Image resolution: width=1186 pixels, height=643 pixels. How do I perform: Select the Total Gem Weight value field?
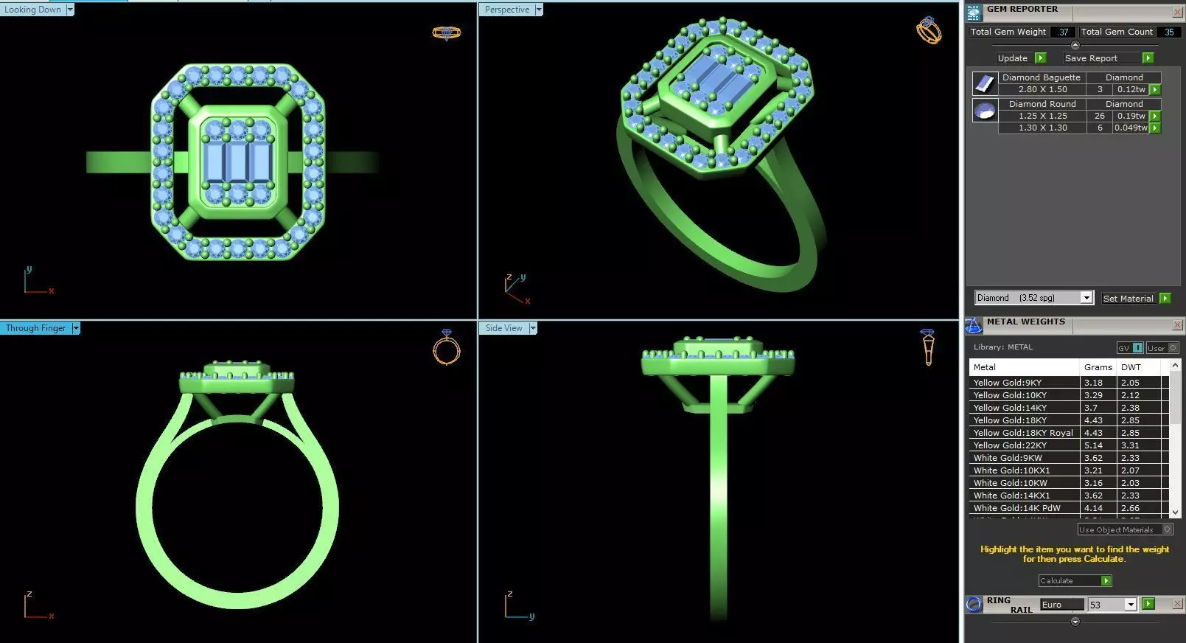click(x=1062, y=32)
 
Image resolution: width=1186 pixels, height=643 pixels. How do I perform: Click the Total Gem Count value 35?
click(x=1168, y=32)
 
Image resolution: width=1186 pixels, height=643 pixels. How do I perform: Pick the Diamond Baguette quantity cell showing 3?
click(x=1100, y=89)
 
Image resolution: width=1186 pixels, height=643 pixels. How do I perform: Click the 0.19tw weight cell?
click(x=1131, y=116)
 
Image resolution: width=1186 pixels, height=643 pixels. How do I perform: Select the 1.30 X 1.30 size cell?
click(x=1042, y=128)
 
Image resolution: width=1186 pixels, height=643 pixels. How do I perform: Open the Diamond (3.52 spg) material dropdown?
click(x=1086, y=298)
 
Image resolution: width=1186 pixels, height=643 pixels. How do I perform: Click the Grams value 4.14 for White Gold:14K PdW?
click(x=1093, y=508)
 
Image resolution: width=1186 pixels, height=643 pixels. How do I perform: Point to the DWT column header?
click(x=1131, y=367)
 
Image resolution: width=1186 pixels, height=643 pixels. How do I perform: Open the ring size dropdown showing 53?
click(x=1130, y=605)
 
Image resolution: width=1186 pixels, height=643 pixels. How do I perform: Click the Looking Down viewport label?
click(x=33, y=10)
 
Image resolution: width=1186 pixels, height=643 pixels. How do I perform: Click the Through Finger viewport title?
click(x=35, y=328)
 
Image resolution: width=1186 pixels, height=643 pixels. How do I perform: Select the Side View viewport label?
click(x=503, y=328)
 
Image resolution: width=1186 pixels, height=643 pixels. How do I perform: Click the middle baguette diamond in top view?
click(x=237, y=161)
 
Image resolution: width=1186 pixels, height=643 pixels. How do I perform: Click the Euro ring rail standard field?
click(x=1061, y=605)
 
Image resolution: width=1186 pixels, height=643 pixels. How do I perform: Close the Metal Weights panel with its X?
click(x=1177, y=325)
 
